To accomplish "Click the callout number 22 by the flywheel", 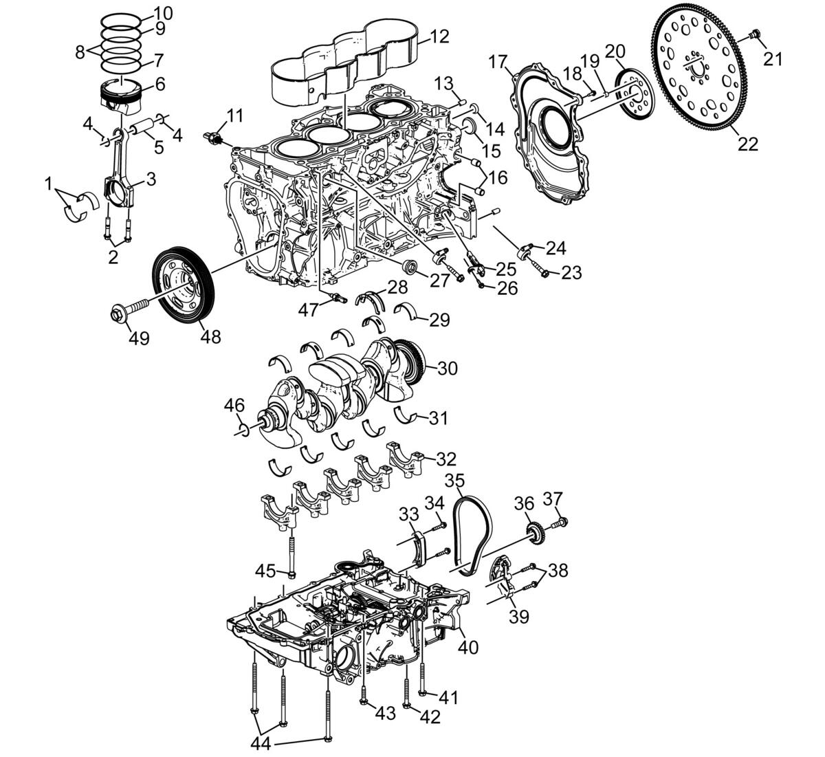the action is (748, 144).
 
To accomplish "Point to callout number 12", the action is (439, 36).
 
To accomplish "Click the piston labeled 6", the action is (122, 98).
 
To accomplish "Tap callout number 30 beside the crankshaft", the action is (448, 369).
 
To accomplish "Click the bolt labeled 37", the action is (560, 523).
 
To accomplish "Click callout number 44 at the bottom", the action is (261, 744).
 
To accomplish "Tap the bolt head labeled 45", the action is (291, 574).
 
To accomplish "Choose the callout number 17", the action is (498, 63).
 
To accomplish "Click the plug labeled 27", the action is (410, 267).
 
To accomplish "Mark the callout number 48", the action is (210, 336).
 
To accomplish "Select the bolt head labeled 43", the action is (363, 701).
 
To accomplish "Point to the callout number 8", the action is (80, 52).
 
